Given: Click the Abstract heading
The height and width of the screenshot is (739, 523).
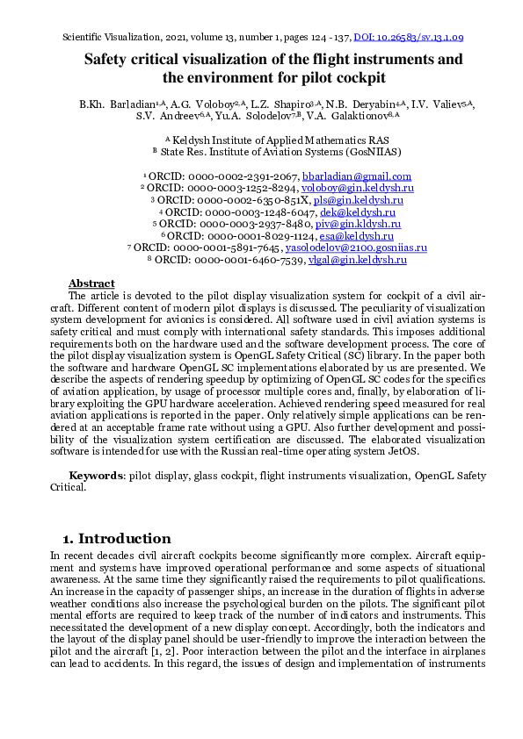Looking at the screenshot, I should [x=91, y=283].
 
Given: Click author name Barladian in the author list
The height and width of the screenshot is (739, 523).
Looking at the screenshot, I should [x=138, y=104].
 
